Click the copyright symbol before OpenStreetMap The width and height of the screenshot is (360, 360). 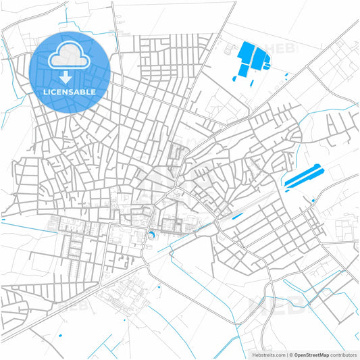point(289,354)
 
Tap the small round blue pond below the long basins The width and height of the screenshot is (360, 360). point(313,200)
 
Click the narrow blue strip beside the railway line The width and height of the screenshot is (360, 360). point(236,217)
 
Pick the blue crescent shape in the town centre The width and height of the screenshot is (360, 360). point(151,234)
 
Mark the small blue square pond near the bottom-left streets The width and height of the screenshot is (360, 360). point(61,335)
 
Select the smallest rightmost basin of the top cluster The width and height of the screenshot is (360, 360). point(267,66)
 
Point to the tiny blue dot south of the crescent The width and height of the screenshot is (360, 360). point(159,288)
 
